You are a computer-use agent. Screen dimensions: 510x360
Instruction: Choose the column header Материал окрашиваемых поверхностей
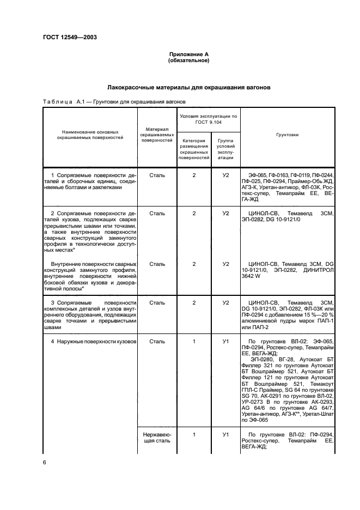tap(157, 134)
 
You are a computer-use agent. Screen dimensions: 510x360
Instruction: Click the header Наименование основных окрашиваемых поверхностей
tap(90, 135)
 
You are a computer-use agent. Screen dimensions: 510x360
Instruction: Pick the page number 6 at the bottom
tap(45, 463)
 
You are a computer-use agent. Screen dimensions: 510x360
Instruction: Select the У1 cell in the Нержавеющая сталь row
tap(225, 434)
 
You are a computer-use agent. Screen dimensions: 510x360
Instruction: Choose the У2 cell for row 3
tap(225, 302)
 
